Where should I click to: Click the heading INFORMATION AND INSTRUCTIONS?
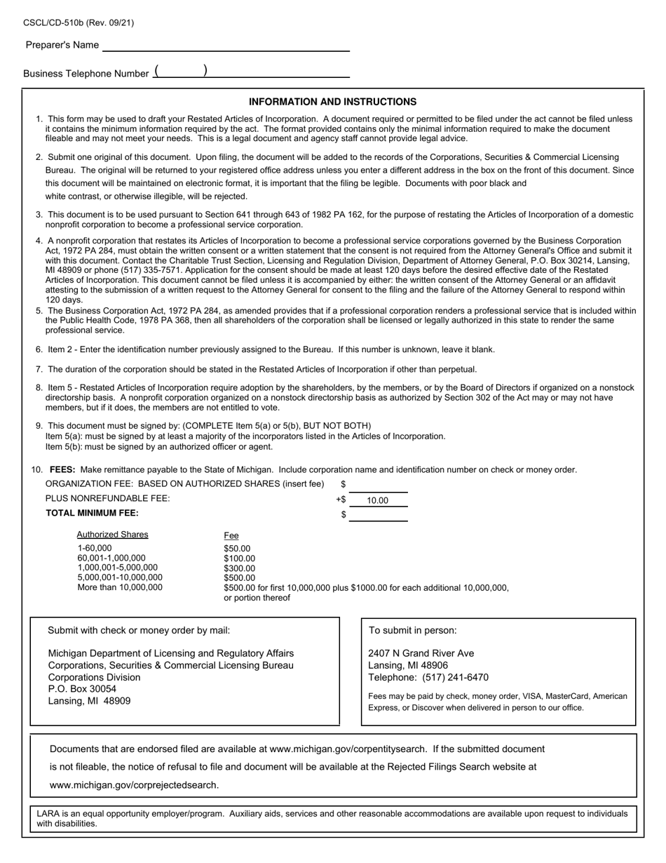332,102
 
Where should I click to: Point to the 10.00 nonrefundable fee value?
377,500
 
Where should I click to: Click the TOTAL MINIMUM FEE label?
92,513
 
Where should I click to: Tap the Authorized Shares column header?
112,535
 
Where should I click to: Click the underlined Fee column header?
231,535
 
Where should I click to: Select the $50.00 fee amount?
237,549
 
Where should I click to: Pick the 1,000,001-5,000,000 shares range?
117,568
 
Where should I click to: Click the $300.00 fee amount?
239,568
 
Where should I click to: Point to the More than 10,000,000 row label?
119,587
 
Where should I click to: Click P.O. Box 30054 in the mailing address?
82,689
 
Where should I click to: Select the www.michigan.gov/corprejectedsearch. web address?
134,785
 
